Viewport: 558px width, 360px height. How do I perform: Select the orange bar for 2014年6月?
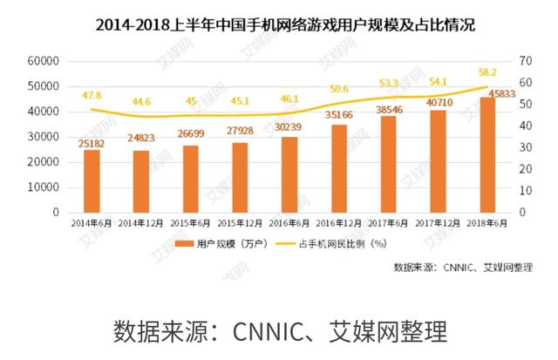(91, 181)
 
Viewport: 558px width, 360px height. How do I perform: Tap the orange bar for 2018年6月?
(487, 155)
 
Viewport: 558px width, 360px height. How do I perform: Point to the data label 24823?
(140, 140)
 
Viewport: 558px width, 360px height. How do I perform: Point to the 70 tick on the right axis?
(524, 61)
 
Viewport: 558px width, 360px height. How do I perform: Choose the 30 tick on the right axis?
(524, 147)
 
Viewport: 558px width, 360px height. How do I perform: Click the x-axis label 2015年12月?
(239, 222)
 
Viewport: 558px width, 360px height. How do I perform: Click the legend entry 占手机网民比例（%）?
(340, 245)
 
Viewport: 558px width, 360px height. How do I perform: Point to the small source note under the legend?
(462, 267)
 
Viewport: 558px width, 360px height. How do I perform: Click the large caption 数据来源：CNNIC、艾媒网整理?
(279, 331)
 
